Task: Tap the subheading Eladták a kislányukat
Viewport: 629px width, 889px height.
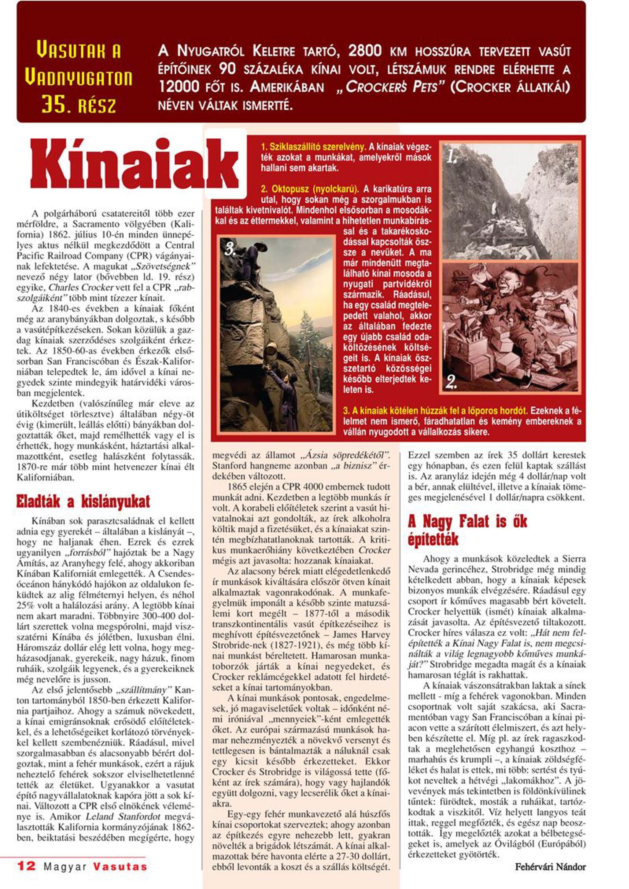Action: [83, 501]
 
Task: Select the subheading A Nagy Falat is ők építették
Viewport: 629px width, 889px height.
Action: [467, 530]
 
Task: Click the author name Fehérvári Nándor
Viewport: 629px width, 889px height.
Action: [550, 867]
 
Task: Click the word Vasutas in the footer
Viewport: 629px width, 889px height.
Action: [120, 867]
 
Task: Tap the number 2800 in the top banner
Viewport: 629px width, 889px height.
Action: [365, 51]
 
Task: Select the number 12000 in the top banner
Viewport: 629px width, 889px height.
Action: [179, 87]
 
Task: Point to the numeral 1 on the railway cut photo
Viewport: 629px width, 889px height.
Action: [451, 157]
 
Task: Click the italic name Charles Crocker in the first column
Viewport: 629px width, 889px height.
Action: [81, 288]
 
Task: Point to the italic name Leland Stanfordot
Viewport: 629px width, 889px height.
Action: [123, 816]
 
